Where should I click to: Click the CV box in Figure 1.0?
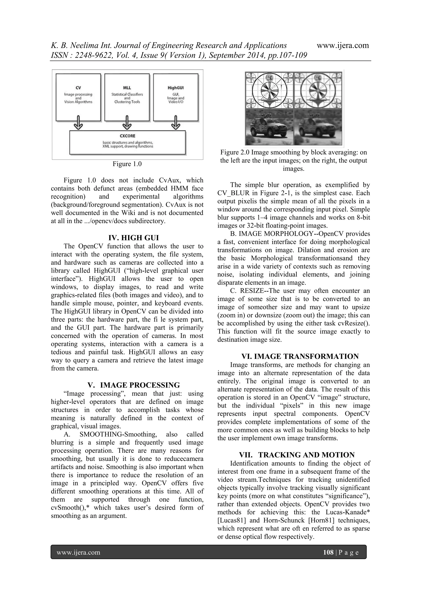(78, 97)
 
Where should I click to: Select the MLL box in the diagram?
(127, 97)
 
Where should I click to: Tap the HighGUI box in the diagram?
(176, 97)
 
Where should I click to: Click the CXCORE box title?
(127, 136)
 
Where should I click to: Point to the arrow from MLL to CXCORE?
(127, 123)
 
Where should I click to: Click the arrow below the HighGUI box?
(176, 123)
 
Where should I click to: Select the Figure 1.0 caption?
(127, 164)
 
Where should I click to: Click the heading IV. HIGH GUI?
(133, 238)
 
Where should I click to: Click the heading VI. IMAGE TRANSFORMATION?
(300, 356)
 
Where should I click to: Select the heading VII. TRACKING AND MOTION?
(297, 455)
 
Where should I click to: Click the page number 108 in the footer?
(328, 552)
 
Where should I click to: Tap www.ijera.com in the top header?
(343, 46)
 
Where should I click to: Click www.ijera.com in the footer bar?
(78, 552)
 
